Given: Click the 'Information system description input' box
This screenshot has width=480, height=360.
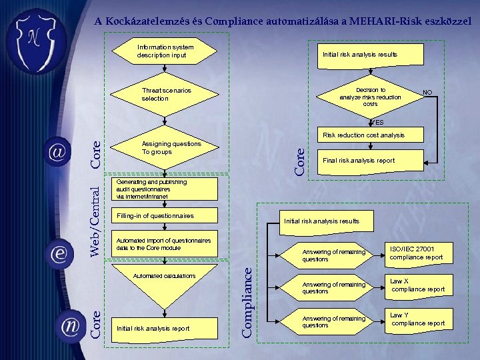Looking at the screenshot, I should pos(165,51).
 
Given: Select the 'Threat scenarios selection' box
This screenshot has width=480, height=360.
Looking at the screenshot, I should pos(166,94).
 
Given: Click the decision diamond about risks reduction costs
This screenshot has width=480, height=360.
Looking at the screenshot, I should pos(370,97).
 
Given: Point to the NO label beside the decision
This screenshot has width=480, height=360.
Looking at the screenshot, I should pos(427,92).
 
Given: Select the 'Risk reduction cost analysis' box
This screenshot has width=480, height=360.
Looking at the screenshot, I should pos(363,135).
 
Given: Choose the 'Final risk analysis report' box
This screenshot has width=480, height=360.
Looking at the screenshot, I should pos(363,160).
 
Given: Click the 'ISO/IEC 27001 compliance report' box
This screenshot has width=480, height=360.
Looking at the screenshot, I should pos(416,253).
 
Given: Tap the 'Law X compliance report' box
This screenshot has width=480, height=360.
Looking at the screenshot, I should pos(417,285).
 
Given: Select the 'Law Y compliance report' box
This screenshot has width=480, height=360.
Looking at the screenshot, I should pos(417,319).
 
